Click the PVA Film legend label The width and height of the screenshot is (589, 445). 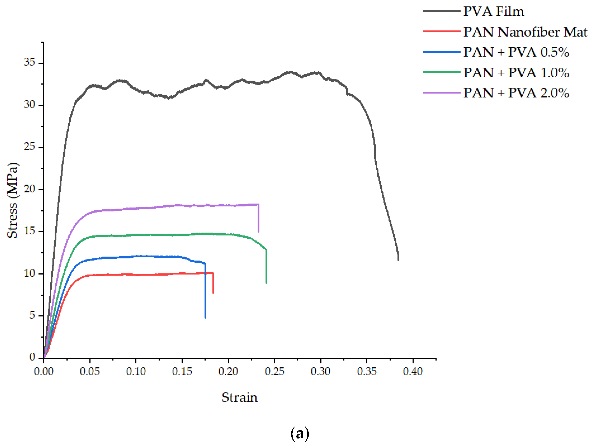493,11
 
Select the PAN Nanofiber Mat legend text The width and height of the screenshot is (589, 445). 525,32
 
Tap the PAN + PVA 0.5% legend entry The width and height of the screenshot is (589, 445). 516,52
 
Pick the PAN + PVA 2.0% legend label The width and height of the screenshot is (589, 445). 516,93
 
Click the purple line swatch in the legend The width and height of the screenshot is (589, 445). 441,93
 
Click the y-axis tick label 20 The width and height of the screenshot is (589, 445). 29,189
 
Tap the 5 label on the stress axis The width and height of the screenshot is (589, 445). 32,315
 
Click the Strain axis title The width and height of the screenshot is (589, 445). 239,398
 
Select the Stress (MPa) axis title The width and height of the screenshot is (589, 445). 13,200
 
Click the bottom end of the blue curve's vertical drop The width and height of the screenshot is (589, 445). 205,317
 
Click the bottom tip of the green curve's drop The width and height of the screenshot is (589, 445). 266,283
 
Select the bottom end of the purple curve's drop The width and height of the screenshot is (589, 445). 258,231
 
